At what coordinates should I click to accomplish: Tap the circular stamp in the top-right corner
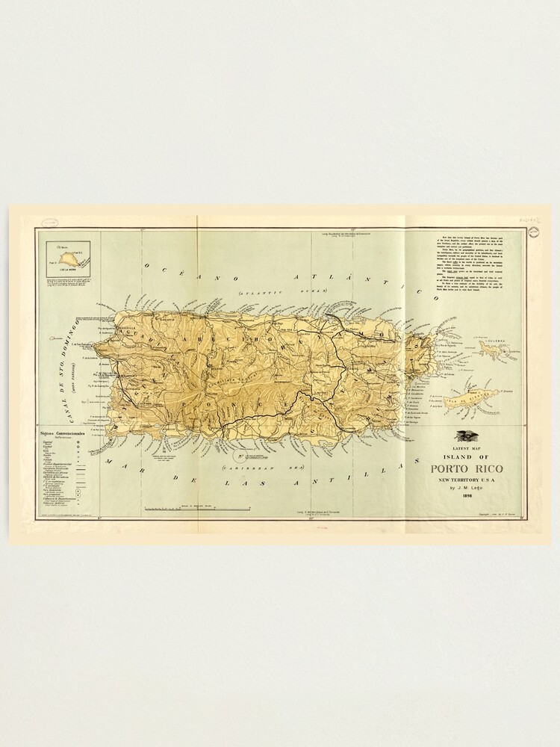tap(533, 233)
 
